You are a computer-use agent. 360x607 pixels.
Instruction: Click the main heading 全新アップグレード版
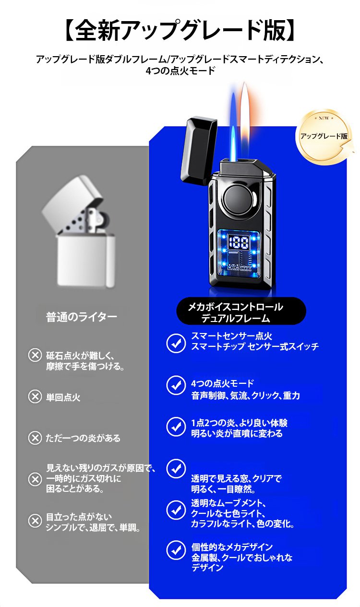point(180,30)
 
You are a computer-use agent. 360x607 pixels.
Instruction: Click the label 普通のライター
point(81,317)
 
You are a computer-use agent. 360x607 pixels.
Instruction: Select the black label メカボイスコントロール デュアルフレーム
point(241,312)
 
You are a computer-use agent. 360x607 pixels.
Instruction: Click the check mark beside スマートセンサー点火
point(176,343)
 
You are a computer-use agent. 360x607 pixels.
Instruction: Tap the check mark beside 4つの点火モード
point(176,385)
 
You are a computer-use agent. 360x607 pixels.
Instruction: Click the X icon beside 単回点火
point(35,397)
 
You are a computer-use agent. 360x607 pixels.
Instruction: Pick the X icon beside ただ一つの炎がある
point(35,438)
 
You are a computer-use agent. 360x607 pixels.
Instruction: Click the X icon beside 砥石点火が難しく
point(35,355)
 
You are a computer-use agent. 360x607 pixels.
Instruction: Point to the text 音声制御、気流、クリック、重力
point(245,396)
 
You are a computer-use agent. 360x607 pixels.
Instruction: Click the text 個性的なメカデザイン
point(232,547)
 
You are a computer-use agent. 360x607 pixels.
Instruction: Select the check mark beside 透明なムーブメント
point(176,510)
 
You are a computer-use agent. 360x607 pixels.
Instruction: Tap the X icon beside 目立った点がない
point(35,521)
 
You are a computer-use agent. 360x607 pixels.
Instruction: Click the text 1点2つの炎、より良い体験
point(239,423)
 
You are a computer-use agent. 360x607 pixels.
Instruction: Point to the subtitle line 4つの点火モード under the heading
point(180,71)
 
